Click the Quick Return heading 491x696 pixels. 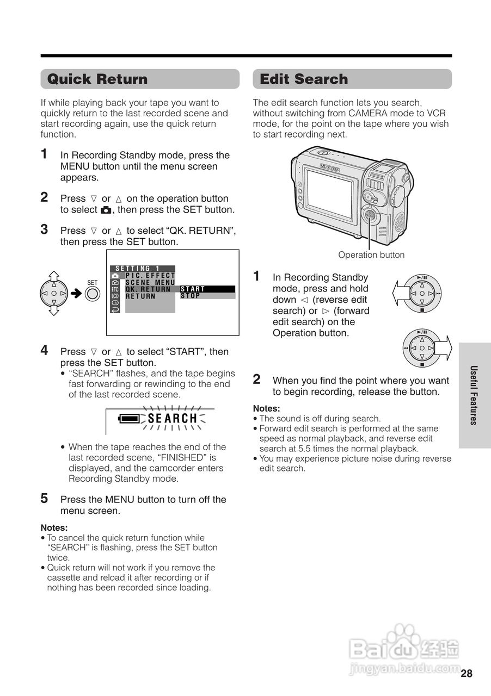[x=97, y=79]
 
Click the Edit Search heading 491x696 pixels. [x=304, y=79]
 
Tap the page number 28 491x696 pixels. [x=467, y=674]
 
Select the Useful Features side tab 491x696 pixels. [x=474, y=395]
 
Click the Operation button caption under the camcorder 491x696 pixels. [x=371, y=255]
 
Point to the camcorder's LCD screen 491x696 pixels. [x=328, y=194]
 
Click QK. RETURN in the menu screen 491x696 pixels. [x=148, y=289]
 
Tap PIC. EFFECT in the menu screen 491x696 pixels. [x=150, y=276]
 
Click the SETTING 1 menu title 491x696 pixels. [x=138, y=269]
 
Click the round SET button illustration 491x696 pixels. [x=93, y=294]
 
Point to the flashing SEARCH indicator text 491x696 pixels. [x=173, y=419]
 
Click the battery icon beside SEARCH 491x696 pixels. [x=129, y=419]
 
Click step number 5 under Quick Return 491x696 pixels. [x=45, y=498]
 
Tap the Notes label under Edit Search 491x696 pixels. [x=266, y=408]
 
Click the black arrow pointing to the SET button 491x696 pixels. [x=77, y=294]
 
